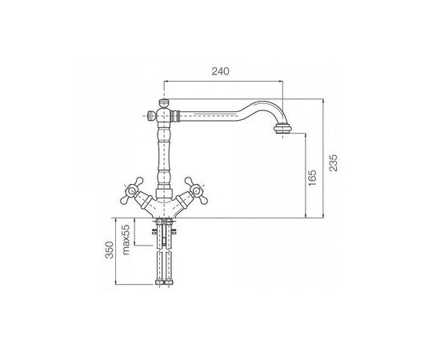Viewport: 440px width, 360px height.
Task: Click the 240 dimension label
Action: (220, 71)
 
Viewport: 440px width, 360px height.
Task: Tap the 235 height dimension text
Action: (334, 162)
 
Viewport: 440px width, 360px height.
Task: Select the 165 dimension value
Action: (312, 178)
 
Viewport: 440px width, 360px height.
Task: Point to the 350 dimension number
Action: (110, 250)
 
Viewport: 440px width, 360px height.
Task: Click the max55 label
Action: (126, 239)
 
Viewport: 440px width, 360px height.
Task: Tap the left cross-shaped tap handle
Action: (131, 191)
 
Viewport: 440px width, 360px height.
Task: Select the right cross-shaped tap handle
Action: (196, 191)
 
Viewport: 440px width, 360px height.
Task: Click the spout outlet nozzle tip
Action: (283, 129)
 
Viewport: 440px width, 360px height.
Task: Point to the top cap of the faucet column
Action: (164, 102)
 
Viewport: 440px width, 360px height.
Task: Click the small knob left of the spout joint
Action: (152, 115)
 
